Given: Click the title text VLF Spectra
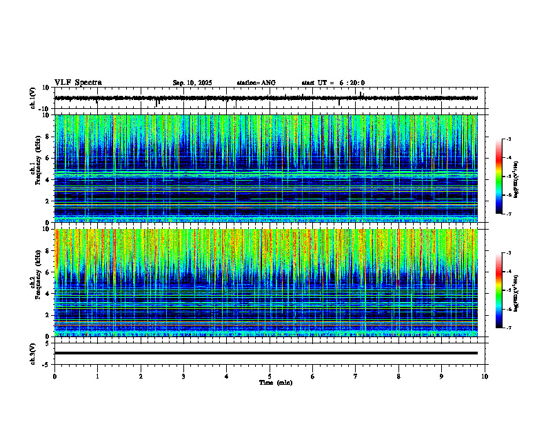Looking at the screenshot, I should pos(78,83).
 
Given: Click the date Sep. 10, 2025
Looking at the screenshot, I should pos(192,83).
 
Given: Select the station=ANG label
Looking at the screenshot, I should pos(256,83).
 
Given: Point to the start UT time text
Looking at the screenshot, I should pos(333,83).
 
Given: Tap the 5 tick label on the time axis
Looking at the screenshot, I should pos(270,376).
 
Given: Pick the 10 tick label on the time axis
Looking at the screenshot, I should pos(485,376).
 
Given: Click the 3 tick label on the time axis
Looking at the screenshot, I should pos(183,376).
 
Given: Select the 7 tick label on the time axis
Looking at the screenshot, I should pos(356,376).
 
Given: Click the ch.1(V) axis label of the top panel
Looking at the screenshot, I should pos(32,98).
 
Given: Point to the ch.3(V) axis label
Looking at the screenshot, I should pos(32,352).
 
